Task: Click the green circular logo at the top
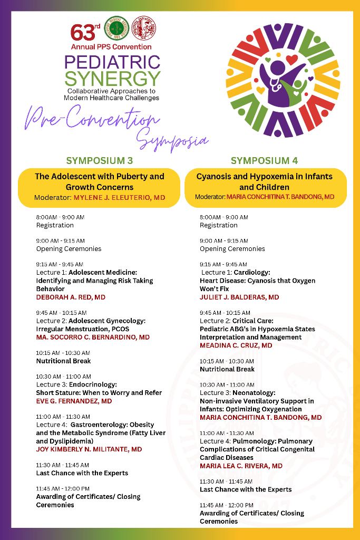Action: (x=117, y=27)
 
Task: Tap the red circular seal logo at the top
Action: (x=144, y=27)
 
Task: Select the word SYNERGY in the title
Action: (x=112, y=79)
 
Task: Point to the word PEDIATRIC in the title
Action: (x=112, y=62)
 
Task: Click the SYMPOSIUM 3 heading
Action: (x=99, y=160)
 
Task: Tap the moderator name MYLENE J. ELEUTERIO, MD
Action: (x=119, y=198)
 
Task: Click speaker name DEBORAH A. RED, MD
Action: (x=71, y=297)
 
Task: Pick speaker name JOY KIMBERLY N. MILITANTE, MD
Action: (x=89, y=449)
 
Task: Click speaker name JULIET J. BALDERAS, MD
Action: (x=239, y=297)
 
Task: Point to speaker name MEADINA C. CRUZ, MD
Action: (x=236, y=345)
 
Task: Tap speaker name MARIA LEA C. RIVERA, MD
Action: (x=241, y=466)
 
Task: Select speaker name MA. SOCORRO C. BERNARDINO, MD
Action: (x=93, y=337)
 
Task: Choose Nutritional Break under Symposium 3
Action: (x=63, y=361)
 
